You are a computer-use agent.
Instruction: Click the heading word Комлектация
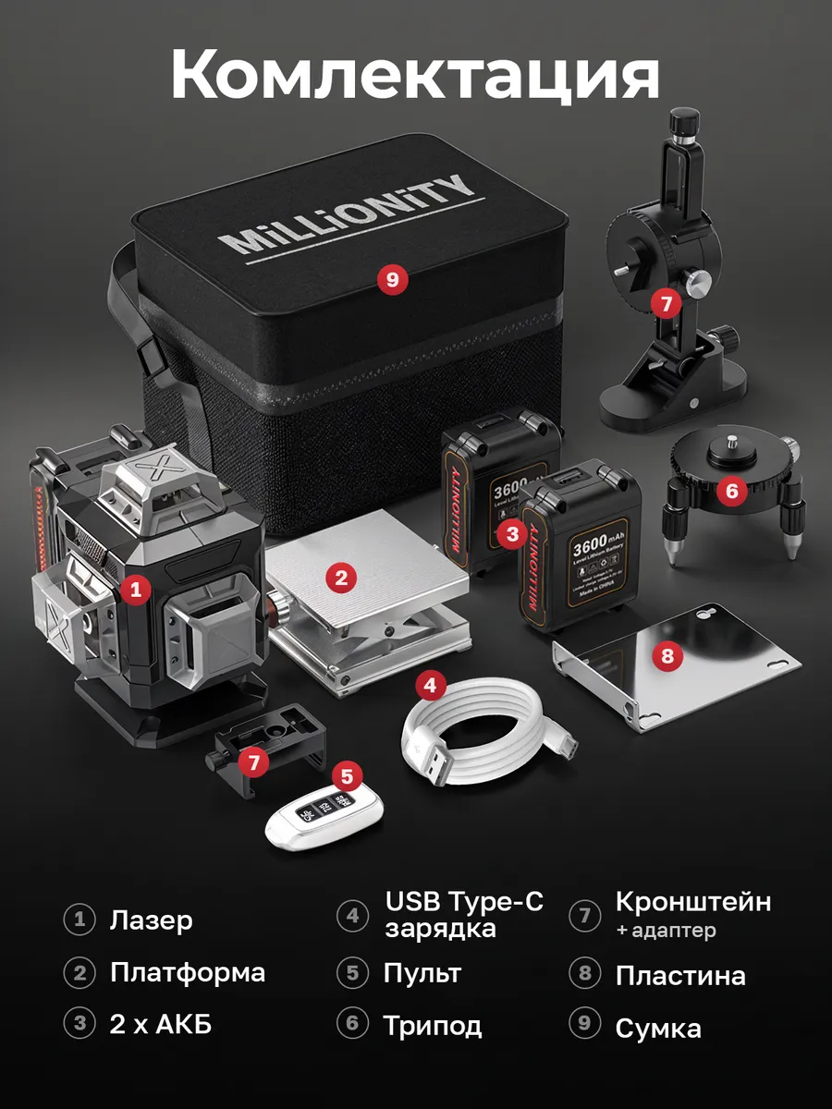[x=415, y=76]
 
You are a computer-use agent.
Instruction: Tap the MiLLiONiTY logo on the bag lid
[x=351, y=214]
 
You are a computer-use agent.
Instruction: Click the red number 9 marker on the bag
[x=393, y=279]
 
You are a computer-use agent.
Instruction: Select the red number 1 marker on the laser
[x=136, y=589]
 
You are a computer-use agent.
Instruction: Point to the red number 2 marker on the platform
[x=341, y=579]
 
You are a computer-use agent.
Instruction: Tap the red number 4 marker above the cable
[x=431, y=685]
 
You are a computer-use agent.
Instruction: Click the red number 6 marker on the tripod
[x=732, y=491]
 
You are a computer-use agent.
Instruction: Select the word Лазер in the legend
[x=151, y=920]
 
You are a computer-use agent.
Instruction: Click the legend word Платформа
[x=188, y=973]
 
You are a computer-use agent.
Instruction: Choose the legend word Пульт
[x=422, y=973]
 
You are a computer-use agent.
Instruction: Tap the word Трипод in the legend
[x=433, y=1025]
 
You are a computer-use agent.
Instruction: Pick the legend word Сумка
[x=658, y=1028]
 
